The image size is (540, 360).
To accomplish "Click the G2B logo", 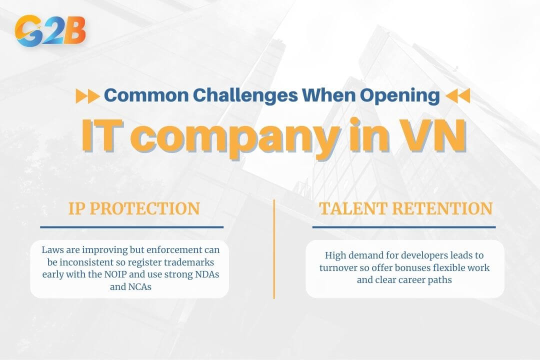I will (x=50, y=30).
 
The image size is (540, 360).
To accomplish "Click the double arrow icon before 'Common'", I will (x=87, y=96).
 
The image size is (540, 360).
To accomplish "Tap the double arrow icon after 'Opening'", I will (x=457, y=96).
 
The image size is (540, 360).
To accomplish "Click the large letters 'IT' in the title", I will (x=101, y=135).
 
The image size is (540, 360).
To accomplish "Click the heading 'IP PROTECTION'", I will (x=134, y=208).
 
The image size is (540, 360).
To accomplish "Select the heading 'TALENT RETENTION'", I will (x=405, y=208).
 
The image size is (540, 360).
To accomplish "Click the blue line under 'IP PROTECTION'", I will (x=131, y=227).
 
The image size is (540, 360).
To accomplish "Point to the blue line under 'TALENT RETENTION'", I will (x=404, y=227).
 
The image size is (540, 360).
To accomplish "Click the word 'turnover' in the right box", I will (x=338, y=268).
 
